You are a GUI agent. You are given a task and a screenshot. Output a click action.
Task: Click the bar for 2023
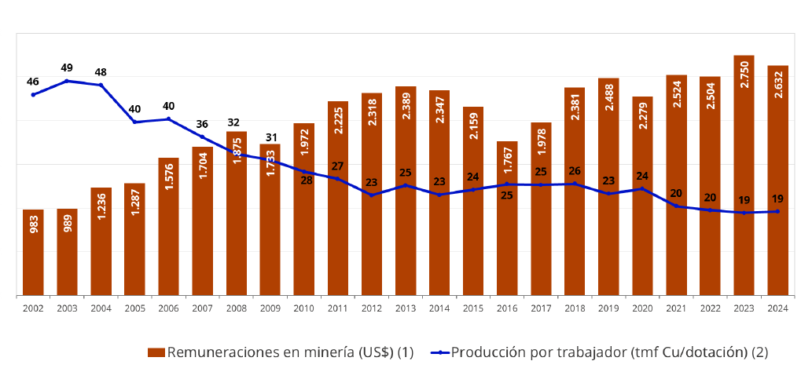(x=744, y=175)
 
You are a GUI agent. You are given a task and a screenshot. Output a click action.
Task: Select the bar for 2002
(x=33, y=253)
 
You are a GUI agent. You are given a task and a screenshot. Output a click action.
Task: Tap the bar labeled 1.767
(x=507, y=218)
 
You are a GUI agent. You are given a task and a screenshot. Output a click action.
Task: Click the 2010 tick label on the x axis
(x=304, y=309)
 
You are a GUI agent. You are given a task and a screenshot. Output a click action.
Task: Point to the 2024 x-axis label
(x=778, y=309)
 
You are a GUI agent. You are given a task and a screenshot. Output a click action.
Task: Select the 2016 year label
(x=507, y=309)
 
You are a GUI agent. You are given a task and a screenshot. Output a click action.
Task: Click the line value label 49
(x=67, y=67)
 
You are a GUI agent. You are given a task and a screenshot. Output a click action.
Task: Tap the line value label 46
(x=33, y=82)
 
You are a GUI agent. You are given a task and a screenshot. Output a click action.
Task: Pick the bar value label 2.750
(x=744, y=75)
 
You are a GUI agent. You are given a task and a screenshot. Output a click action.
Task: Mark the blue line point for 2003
(x=67, y=81)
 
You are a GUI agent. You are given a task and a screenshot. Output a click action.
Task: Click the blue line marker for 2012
(x=371, y=195)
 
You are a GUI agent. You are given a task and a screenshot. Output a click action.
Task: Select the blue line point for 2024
(x=777, y=211)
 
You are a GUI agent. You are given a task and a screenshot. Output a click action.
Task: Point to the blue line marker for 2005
(x=135, y=122)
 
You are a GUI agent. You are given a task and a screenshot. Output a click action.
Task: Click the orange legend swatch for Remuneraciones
(x=156, y=352)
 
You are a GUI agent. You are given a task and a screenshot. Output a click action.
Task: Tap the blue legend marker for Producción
(x=439, y=352)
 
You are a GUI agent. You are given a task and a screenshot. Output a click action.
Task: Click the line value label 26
(x=575, y=171)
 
